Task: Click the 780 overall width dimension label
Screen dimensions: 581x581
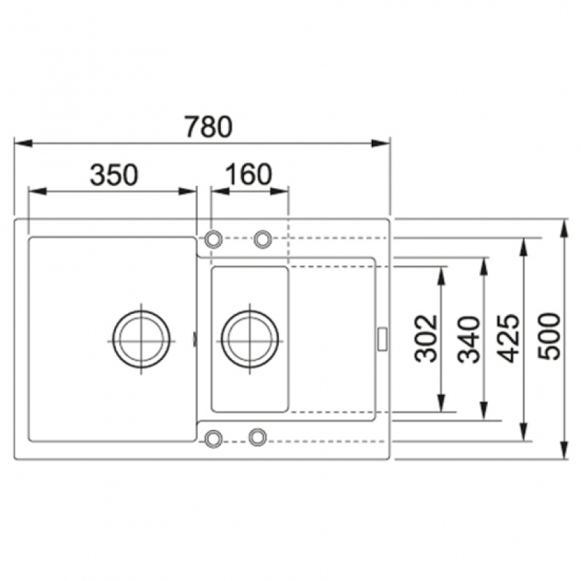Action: (x=208, y=126)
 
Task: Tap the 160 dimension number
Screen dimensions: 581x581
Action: (x=248, y=174)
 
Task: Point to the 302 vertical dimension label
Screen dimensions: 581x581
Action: (x=426, y=338)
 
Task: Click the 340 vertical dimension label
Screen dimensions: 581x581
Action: (x=468, y=339)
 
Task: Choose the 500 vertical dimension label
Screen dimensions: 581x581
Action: (x=548, y=336)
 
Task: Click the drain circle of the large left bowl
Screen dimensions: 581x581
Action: (x=141, y=339)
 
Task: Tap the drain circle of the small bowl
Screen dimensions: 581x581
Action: (x=250, y=339)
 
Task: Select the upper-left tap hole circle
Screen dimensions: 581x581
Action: (x=213, y=239)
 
